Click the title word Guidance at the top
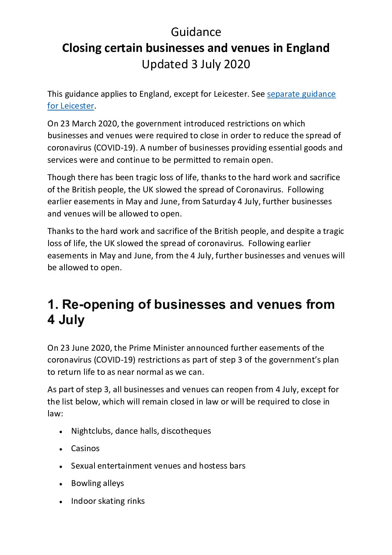[196, 32]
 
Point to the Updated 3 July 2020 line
[196, 64]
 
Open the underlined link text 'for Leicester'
[70, 106]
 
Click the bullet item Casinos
[85, 449]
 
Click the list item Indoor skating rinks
[108, 501]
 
